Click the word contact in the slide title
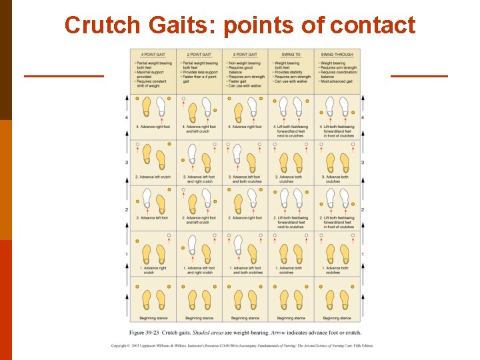[373, 25]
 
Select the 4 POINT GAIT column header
[153, 55]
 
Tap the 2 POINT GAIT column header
[199, 55]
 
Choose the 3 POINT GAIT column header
[245, 55]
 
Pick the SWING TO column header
[291, 55]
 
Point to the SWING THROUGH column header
[337, 55]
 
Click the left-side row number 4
[127, 118]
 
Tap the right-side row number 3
[363, 163]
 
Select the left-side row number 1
[127, 254]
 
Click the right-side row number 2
[363, 210]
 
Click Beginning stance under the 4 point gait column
[153, 318]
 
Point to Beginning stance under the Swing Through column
[337, 318]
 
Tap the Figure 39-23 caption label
[145, 332]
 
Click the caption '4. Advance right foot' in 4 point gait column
[153, 127]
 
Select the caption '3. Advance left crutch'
[153, 177]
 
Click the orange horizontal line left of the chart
[64, 76]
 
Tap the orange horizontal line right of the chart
[419, 76]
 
